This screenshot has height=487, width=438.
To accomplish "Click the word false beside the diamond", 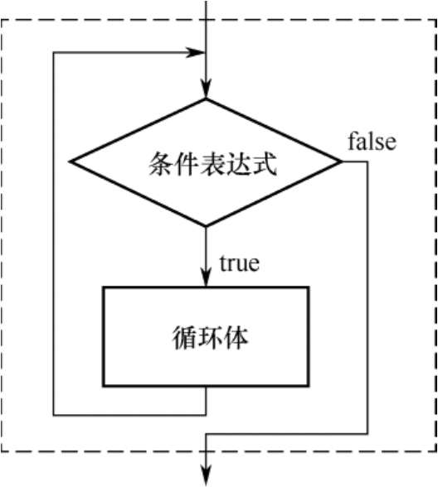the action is (x=372, y=142).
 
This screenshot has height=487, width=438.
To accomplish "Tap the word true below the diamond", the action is (x=239, y=263).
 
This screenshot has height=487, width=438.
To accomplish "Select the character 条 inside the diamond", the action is (x=161, y=164).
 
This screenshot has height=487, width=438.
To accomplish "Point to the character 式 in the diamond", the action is (x=265, y=164).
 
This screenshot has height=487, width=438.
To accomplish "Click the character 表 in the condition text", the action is (x=212, y=164).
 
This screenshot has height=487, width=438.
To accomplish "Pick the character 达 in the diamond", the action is (x=239, y=164).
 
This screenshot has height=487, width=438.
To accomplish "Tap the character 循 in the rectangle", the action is (x=185, y=337).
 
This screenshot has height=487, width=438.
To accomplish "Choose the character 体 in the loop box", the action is (x=236, y=337).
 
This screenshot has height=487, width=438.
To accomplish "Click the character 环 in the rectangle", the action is (x=211, y=337).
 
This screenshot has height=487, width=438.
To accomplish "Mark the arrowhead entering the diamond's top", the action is (x=206, y=89).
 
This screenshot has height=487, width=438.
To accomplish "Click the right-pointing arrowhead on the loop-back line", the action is (x=196, y=52).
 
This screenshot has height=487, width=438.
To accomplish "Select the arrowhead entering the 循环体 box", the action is (x=206, y=277).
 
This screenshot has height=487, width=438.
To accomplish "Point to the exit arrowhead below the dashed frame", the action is (x=206, y=475).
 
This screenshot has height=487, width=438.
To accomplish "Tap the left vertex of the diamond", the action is (x=71, y=162).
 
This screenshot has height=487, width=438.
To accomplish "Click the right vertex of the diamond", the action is (x=341, y=162).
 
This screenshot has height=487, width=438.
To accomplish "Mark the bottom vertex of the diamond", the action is (x=206, y=226).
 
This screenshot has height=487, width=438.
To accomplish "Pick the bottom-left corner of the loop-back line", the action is (x=54, y=415).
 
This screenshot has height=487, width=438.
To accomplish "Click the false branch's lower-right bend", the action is (x=367, y=434).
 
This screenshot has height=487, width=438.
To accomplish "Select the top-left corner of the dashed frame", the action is (x=2, y=20).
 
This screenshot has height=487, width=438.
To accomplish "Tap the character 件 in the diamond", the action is (x=187, y=164).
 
